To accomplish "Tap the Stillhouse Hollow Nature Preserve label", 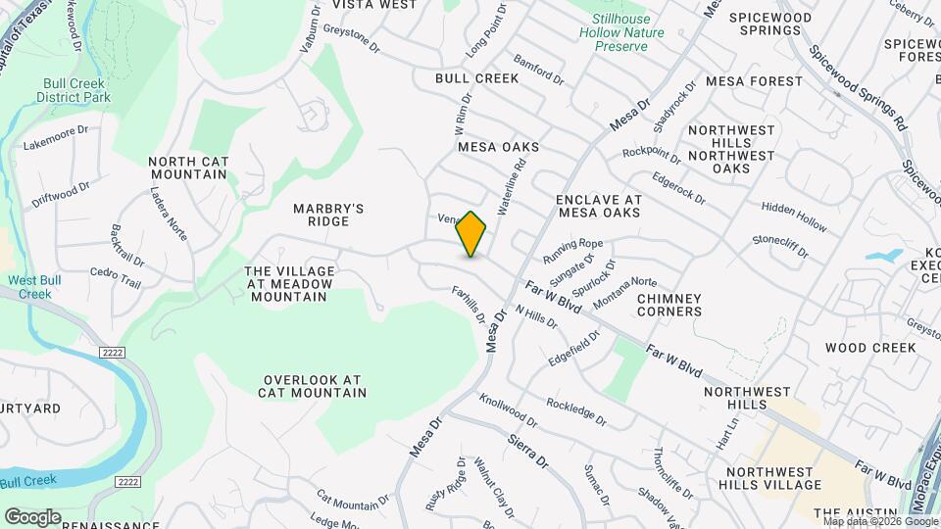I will [628, 32].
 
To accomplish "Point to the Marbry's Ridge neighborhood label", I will [329, 215].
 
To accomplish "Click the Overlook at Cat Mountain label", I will [312, 386].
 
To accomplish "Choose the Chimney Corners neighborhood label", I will [669, 305].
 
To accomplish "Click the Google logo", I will [32, 516].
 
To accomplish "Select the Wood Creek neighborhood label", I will [869, 348].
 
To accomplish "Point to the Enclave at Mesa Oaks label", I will [598, 206].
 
